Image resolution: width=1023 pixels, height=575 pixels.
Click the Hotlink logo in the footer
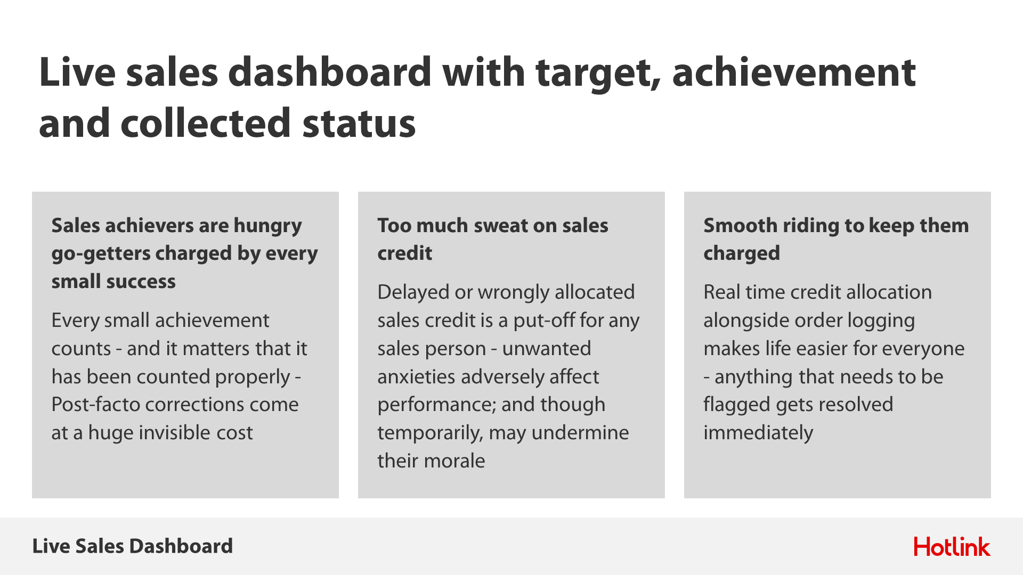pos(952,547)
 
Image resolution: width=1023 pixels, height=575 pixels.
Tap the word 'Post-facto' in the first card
pos(95,405)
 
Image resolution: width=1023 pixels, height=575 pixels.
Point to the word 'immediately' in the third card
pos(759,433)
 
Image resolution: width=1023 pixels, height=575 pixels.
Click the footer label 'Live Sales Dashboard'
pos(133,546)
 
